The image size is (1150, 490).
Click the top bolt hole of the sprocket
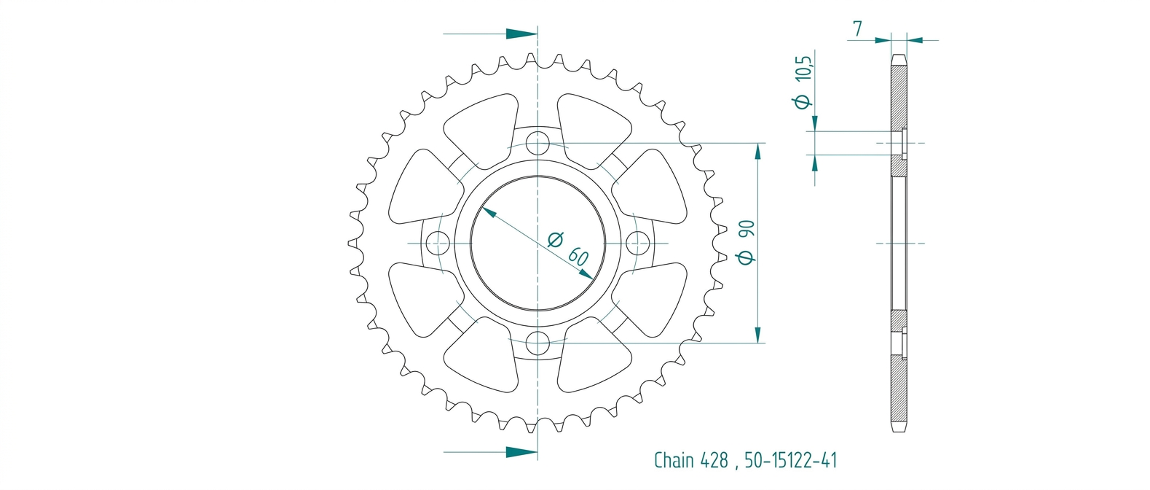point(537,143)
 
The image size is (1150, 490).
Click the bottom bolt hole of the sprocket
point(537,343)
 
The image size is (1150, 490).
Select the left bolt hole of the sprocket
point(438,243)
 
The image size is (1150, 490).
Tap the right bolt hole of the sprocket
point(637,243)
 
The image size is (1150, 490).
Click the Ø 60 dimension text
point(568,249)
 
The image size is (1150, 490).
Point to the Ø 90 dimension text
point(746,242)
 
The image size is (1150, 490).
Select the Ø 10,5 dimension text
point(803,82)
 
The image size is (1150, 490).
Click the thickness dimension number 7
point(857,28)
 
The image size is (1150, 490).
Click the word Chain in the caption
point(674,460)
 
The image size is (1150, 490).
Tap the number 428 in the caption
point(714,460)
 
